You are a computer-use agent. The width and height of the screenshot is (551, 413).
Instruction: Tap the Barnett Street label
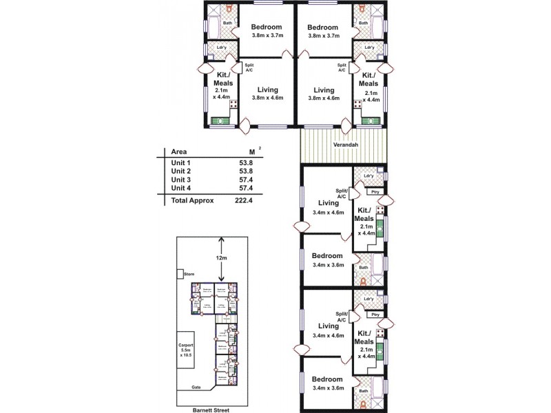pyautogui.click(x=212, y=409)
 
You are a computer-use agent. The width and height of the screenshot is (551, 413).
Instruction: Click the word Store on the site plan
pyautogui.click(x=189, y=274)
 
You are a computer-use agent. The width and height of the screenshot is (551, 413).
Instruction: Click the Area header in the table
pyautogui.click(x=180, y=151)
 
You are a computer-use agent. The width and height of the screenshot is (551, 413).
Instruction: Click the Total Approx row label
pyautogui.click(x=193, y=200)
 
